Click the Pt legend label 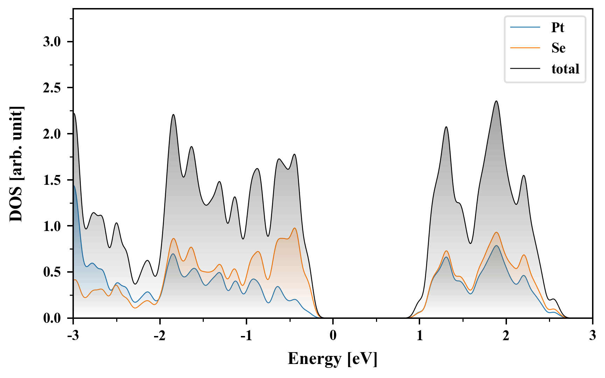click(x=558, y=28)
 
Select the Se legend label click(x=558, y=48)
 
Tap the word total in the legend click(x=565, y=69)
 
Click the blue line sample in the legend click(x=525, y=28)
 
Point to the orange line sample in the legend click(x=525, y=48)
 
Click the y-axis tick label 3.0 click(x=52, y=42)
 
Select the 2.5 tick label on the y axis click(x=52, y=88)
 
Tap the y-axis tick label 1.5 click(x=52, y=180)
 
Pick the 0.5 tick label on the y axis click(x=52, y=272)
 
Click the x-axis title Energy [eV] click(x=333, y=359)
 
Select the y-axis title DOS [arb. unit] click(x=16, y=164)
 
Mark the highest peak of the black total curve click(x=496, y=101)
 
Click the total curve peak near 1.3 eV click(x=446, y=127)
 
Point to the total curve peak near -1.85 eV click(x=173, y=114)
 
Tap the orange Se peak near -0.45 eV click(x=295, y=228)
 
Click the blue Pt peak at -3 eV click(x=74, y=186)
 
